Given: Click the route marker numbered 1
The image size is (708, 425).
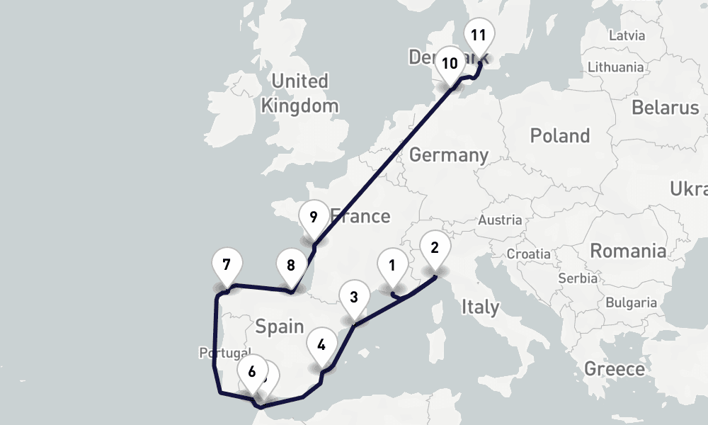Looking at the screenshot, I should tap(391, 266).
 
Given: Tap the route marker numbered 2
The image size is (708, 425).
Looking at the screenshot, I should tap(435, 248).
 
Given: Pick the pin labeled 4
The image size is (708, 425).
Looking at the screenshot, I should tap(322, 346).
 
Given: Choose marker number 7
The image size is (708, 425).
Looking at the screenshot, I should tap(227, 266).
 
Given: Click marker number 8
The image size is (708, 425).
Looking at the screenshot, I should tap(291, 266).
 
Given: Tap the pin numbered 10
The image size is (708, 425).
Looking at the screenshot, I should tap(450, 63).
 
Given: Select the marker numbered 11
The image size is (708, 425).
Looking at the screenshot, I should tap(479, 35).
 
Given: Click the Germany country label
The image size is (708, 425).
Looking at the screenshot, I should tap(449, 154).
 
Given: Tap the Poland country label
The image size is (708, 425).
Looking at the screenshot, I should tap(560, 135).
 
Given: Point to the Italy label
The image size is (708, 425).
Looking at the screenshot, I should tap(480, 307).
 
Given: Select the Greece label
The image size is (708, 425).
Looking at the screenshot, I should tap(615, 369).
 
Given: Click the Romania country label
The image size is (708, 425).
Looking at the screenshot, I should tap(628, 251).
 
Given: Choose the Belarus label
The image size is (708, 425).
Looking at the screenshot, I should tap(666, 108).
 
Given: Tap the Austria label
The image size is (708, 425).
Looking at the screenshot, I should tap(500, 220).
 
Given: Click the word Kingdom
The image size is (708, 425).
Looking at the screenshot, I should tap(299, 107).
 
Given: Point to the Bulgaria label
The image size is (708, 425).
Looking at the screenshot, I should tap(632, 302).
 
